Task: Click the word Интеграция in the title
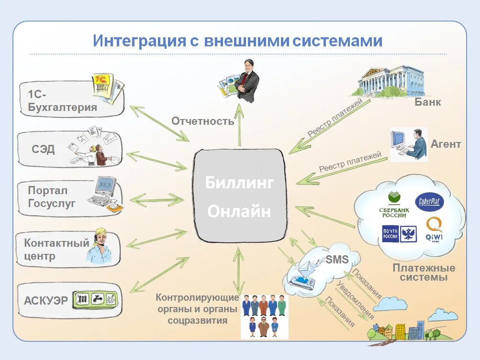coord(139,40)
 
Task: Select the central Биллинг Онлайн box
coord(239,196)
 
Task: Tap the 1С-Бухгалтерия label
coord(62,100)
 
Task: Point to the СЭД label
coord(43,149)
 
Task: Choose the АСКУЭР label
coord(46,301)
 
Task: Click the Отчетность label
coord(203,121)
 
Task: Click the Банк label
coord(427,102)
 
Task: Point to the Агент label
coord(446,144)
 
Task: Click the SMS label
coord(337,260)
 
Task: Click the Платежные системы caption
coord(424,273)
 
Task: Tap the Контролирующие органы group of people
coord(264,316)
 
